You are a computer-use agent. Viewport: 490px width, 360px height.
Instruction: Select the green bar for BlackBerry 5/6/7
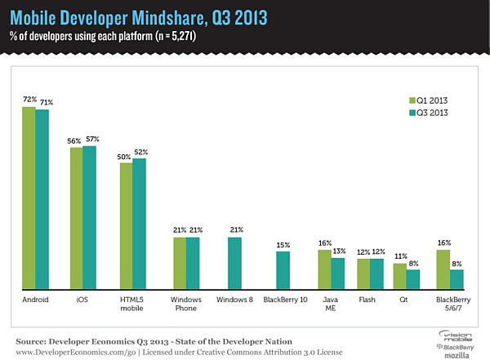pyautogui.click(x=443, y=269)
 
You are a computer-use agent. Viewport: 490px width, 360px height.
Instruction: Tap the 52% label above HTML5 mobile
pyautogui.click(x=140, y=152)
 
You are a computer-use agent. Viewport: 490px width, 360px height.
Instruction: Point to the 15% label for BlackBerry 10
pyautogui.click(x=283, y=245)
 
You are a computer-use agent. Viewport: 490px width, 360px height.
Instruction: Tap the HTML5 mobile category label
pyautogui.click(x=132, y=304)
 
